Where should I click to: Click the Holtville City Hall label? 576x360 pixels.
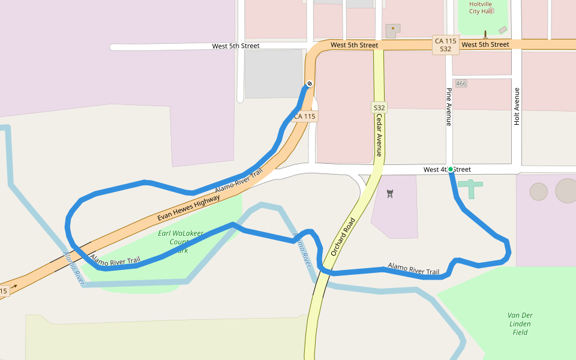[480, 7]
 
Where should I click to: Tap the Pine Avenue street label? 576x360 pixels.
[448, 107]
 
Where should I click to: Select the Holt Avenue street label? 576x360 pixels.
[517, 106]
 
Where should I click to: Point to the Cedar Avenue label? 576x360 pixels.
[379, 136]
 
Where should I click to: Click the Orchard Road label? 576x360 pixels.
[343, 236]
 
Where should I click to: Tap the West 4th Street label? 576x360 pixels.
[447, 170]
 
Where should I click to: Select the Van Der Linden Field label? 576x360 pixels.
[520, 324]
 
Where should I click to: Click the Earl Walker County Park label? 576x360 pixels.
[181, 241]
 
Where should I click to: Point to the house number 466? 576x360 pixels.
[461, 83]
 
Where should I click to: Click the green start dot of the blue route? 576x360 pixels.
[451, 169]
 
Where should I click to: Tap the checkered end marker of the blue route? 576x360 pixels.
[309, 83]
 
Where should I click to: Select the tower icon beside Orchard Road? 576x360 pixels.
[390, 194]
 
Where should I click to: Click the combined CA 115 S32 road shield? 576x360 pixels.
[445, 45]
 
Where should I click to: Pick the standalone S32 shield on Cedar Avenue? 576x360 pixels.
[379, 108]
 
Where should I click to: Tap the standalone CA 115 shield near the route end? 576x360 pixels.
[305, 116]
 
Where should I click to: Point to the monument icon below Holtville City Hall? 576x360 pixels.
[485, 34]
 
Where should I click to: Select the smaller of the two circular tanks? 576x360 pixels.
[538, 192]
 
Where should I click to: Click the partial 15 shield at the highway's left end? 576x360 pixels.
[3, 291]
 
